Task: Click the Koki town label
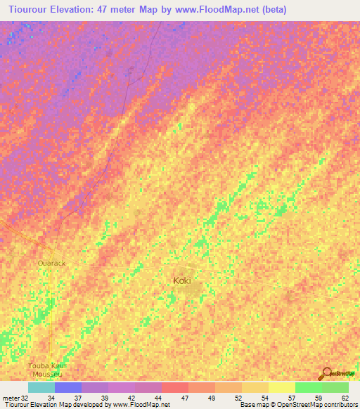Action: pos(181,280)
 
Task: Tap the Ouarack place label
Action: pos(51,263)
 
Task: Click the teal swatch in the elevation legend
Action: pos(41,387)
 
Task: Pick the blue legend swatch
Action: pos(68,387)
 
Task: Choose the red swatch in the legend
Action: pos(175,387)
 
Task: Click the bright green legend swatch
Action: pos(309,387)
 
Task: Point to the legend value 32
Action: pos(25,398)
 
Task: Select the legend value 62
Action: pos(345,398)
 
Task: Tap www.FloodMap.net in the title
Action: pos(214,10)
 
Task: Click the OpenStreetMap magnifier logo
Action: pos(326,373)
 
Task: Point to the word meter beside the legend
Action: pos(11,398)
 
